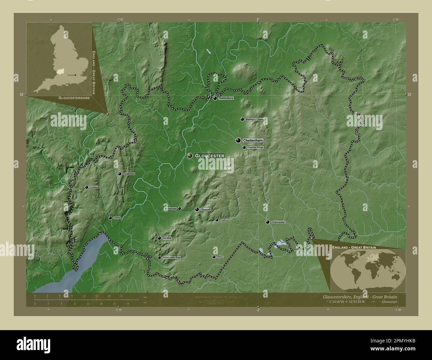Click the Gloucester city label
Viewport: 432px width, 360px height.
[210, 156]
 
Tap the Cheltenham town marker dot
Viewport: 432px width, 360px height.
[238, 140]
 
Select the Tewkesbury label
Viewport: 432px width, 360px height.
[226, 98]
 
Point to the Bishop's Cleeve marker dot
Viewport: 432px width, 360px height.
[242, 119]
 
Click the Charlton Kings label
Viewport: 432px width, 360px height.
[256, 147]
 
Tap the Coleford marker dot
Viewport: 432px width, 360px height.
[87, 187]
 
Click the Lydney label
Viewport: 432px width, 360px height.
[117, 218]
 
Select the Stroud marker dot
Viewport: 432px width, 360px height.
[197, 210]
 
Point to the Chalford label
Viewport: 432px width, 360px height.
[224, 220]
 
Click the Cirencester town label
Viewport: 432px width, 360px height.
[278, 222]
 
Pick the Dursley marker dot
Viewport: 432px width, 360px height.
[159, 238]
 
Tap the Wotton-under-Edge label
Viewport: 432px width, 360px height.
[172, 258]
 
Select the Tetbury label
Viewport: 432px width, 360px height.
[220, 257]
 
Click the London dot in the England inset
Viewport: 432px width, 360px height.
[76, 75]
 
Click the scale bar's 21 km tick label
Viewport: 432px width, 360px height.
[121, 295]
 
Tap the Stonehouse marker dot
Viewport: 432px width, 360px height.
[179, 209]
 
